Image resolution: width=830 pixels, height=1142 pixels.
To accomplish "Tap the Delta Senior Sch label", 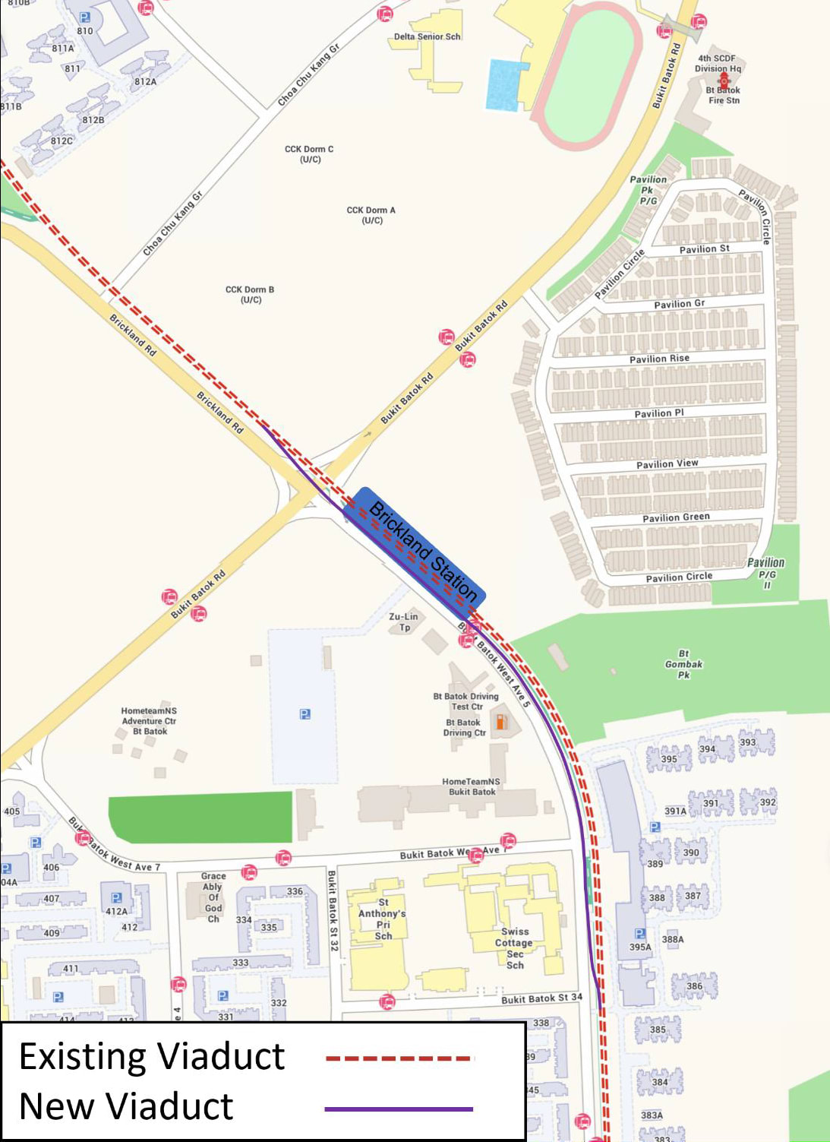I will [x=427, y=36].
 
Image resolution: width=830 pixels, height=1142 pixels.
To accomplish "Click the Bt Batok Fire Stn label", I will [x=723, y=95].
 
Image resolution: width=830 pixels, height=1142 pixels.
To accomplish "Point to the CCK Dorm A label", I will [x=371, y=215].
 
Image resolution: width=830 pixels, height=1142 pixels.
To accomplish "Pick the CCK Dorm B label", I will [x=250, y=295].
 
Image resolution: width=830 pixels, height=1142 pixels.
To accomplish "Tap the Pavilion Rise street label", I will [x=659, y=359].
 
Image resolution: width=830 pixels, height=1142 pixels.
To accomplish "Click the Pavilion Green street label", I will [x=676, y=517].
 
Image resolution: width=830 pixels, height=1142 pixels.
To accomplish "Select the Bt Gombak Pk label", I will [x=683, y=664].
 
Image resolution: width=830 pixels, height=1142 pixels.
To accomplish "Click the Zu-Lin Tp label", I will [x=403, y=622].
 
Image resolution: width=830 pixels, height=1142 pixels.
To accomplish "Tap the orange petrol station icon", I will [x=501, y=721].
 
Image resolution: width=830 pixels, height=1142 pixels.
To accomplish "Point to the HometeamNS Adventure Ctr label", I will [x=149, y=721].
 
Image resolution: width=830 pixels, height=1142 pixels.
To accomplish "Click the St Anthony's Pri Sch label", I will [x=382, y=919].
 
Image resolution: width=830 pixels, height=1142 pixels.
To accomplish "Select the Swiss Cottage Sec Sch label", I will [x=514, y=947].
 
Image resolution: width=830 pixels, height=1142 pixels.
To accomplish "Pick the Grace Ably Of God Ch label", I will [x=213, y=897].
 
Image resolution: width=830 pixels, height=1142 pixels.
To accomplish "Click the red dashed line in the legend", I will [x=399, y=1058].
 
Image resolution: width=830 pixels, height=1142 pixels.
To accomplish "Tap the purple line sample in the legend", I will [x=399, y=1109].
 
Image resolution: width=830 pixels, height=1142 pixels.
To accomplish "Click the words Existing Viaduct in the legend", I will [x=152, y=1057].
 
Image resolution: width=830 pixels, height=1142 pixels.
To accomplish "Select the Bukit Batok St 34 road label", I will [x=541, y=998].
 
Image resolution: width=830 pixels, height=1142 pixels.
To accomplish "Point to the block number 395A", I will [x=640, y=947].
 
